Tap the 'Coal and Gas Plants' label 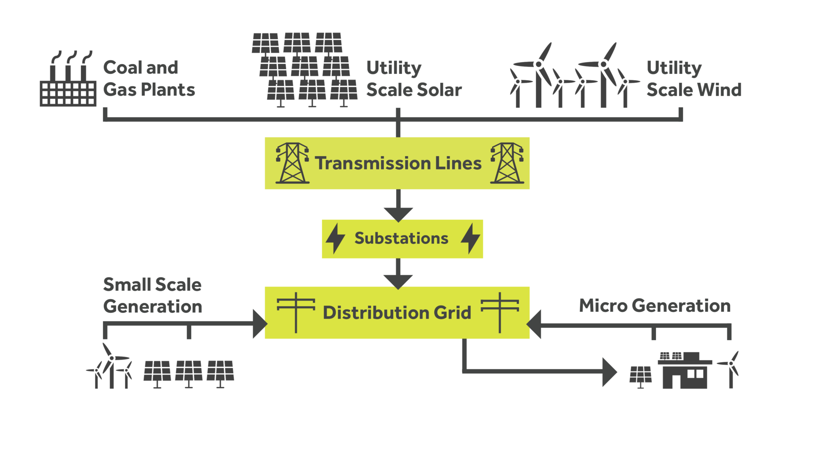pyautogui.click(x=149, y=78)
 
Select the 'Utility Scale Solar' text pyautogui.click(x=414, y=79)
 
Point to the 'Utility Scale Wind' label pyautogui.click(x=693, y=79)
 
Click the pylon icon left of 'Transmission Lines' pyautogui.click(x=292, y=163)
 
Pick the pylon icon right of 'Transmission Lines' pyautogui.click(x=507, y=163)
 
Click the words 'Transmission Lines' pyautogui.click(x=398, y=163)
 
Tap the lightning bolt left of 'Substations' pyautogui.click(x=335, y=239)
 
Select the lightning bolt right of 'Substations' pyautogui.click(x=470, y=239)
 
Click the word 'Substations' pyautogui.click(x=401, y=238)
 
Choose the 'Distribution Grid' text pyautogui.click(x=397, y=312)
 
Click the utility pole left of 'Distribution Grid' pyautogui.click(x=296, y=312)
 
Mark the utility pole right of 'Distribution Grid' pyautogui.click(x=500, y=312)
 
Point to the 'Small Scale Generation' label pyautogui.click(x=152, y=295)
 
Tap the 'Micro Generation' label pyautogui.click(x=654, y=306)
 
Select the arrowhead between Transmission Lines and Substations pyautogui.click(x=398, y=214)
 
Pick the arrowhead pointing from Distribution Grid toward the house pyautogui.click(x=609, y=372)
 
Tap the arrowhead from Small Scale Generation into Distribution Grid pyautogui.click(x=259, y=324)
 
